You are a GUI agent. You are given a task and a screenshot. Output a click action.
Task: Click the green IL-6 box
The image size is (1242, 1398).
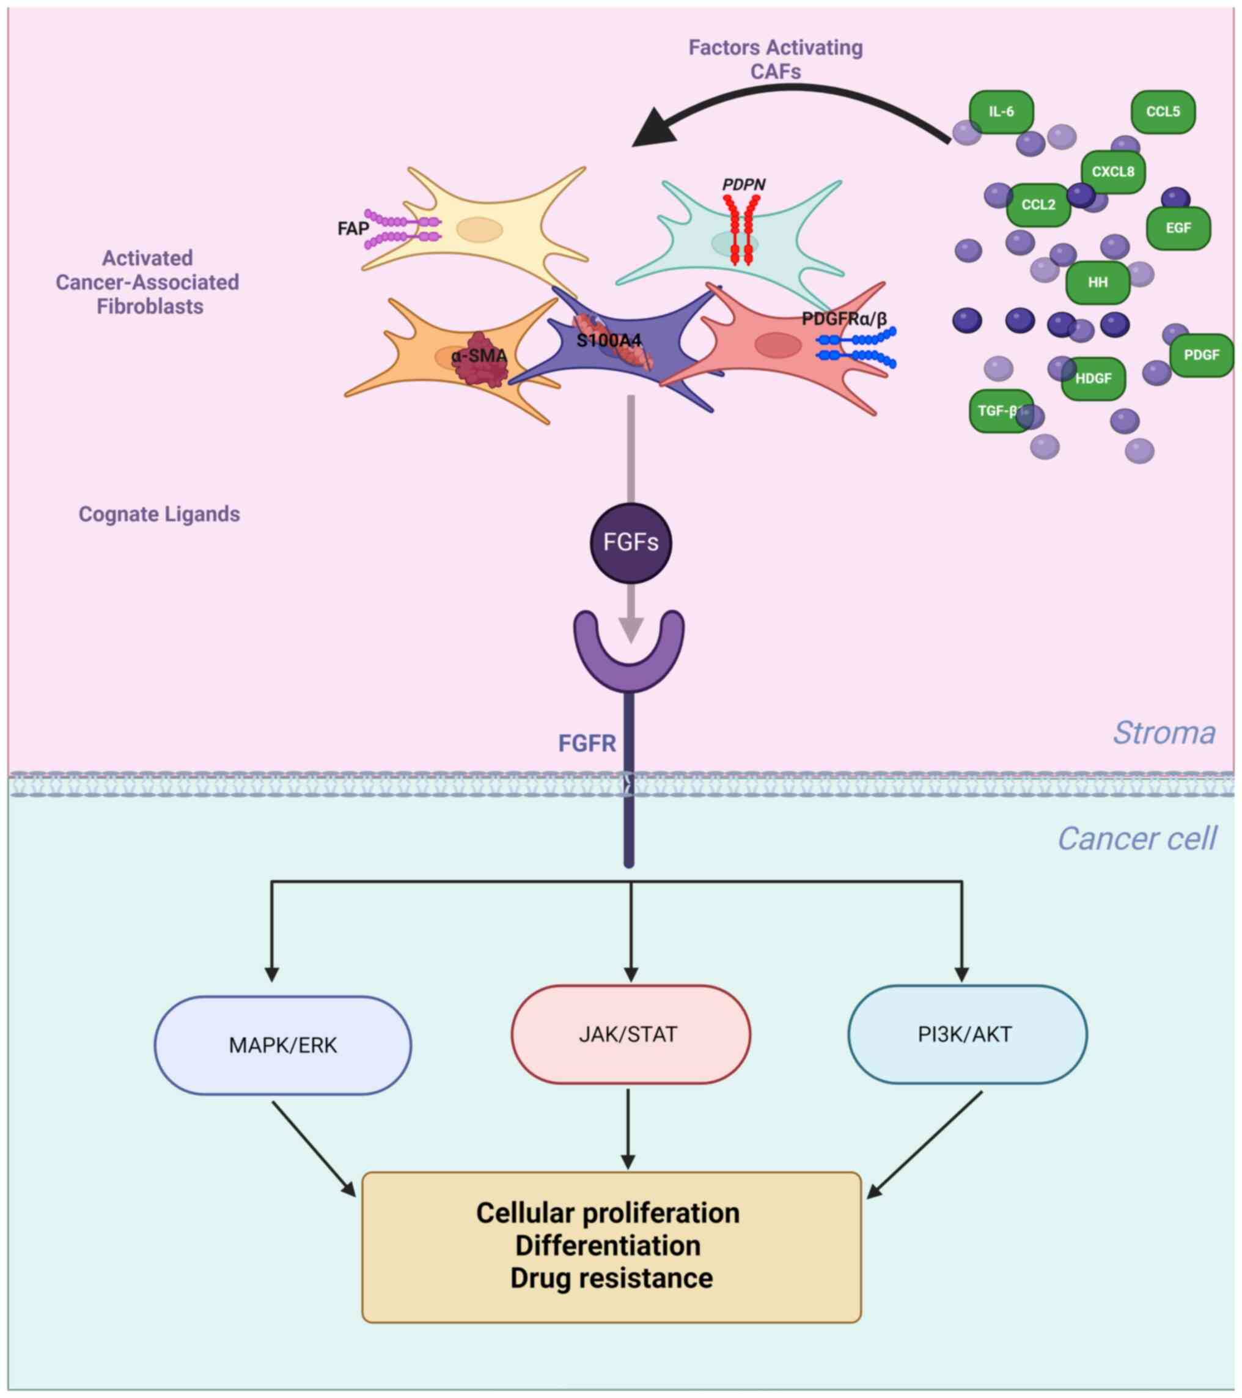(1001, 111)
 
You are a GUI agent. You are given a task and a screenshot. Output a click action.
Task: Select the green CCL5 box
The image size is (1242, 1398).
(1162, 111)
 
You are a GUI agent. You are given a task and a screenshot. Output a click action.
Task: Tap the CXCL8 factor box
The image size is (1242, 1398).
(1113, 172)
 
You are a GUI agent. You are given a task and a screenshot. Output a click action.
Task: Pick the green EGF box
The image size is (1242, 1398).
(1178, 228)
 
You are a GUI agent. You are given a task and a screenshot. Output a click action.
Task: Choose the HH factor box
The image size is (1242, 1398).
(1097, 282)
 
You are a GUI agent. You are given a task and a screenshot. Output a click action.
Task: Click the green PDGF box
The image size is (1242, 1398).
(1201, 355)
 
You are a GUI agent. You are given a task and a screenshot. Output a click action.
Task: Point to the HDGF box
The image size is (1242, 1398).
(1093, 378)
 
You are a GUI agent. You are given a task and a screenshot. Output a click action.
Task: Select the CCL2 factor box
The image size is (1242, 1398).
(1037, 205)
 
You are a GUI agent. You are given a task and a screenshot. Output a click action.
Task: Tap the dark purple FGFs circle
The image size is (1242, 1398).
(631, 542)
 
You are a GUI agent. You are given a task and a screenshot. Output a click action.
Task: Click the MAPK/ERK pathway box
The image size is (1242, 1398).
(282, 1045)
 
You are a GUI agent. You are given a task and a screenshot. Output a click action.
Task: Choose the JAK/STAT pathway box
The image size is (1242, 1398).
(630, 1034)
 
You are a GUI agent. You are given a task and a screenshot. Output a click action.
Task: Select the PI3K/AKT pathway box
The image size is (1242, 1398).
(966, 1034)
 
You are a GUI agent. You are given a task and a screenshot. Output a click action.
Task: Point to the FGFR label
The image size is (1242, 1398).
(587, 743)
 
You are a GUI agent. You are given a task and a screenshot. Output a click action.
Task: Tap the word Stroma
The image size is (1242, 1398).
(1164, 733)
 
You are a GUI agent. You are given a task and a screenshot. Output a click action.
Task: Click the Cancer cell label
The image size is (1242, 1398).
(1137, 839)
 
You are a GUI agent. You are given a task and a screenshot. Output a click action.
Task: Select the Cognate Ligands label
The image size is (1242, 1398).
(160, 514)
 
